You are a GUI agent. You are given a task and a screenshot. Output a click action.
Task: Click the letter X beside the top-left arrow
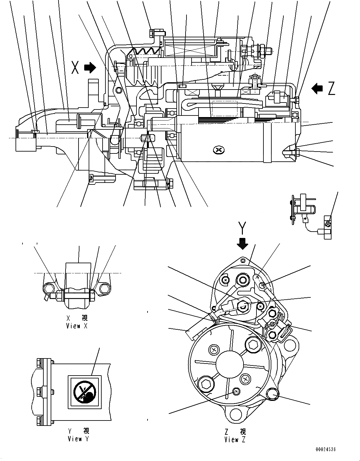click(x=75, y=67)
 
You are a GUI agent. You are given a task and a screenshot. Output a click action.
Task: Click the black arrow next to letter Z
click(x=317, y=88)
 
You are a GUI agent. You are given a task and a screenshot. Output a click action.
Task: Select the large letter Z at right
click(x=331, y=89)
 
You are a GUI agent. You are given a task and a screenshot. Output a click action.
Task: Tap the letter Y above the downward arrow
click(x=242, y=227)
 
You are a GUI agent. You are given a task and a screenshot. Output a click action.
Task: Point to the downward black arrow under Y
click(x=243, y=243)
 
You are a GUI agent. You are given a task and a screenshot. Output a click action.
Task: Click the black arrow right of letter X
click(x=90, y=67)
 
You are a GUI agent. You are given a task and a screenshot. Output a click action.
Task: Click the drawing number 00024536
click(x=325, y=449)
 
